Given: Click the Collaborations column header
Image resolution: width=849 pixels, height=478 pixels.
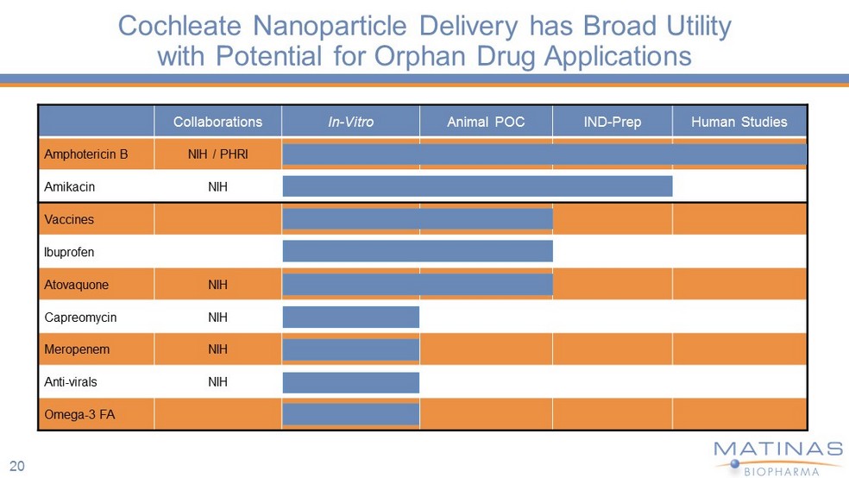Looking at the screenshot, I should click(217, 122).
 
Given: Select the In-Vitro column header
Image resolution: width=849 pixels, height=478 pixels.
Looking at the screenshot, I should click(350, 122).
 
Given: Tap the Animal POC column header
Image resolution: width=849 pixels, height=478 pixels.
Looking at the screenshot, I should click(486, 122).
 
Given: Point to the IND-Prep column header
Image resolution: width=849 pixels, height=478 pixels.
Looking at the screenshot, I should click(612, 122).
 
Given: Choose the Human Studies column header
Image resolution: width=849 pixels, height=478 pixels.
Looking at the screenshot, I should click(739, 122).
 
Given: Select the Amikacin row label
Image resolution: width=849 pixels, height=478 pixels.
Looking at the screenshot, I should click(69, 186).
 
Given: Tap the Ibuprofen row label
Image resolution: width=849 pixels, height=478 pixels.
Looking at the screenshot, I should click(69, 252).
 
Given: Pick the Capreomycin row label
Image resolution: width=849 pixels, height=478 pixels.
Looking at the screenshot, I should click(80, 318).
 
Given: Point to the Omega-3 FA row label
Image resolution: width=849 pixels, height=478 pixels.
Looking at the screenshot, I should click(79, 415).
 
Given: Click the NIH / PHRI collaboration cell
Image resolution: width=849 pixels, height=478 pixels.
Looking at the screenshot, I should click(217, 154).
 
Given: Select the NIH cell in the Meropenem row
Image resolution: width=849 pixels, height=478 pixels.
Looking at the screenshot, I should click(217, 350).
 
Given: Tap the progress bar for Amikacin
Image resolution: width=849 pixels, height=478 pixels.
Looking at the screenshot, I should click(477, 186).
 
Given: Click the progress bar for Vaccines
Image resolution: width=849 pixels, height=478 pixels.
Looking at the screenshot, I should click(418, 218).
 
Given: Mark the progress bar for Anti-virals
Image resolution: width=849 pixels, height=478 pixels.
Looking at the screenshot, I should click(351, 382).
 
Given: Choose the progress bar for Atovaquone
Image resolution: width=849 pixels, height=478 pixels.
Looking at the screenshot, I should click(418, 284).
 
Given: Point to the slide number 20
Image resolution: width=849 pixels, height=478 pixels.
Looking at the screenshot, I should click(17, 466).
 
